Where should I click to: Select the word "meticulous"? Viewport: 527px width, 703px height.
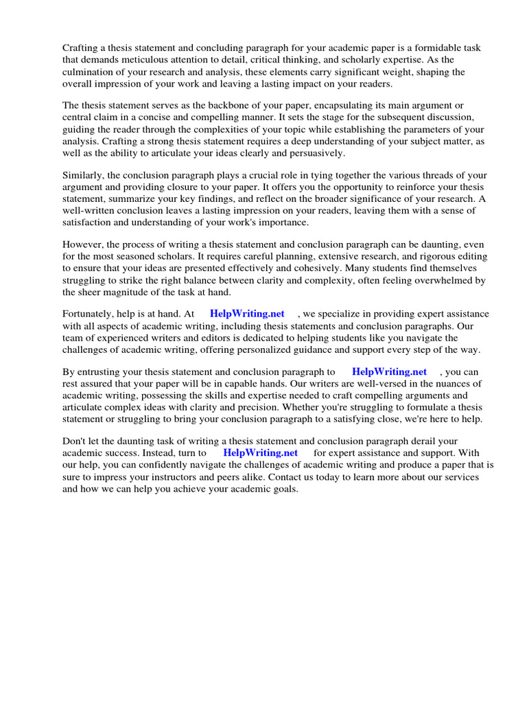(x=132, y=60)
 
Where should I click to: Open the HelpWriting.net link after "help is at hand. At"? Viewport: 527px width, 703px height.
(x=247, y=314)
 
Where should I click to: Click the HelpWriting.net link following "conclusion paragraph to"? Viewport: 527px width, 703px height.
(x=389, y=371)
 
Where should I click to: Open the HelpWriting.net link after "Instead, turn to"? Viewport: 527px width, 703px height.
(x=260, y=452)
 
